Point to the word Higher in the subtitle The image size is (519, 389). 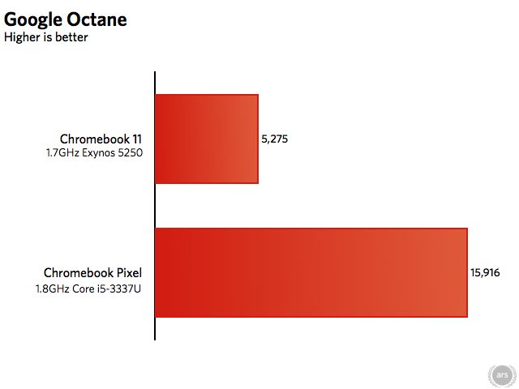click(x=22, y=37)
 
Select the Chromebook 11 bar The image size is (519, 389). click(x=207, y=139)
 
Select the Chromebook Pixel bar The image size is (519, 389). click(x=311, y=272)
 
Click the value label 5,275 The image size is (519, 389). click(x=274, y=139)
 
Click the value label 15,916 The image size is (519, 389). click(x=485, y=272)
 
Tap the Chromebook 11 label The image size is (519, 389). click(x=101, y=139)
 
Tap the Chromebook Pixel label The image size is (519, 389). click(x=92, y=273)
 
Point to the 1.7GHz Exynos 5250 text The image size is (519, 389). click(x=94, y=153)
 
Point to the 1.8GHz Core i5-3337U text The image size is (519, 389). click(x=88, y=289)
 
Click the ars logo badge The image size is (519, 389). click(x=502, y=375)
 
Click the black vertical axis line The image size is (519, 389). click(x=155, y=206)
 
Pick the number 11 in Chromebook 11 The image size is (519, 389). click(x=137, y=139)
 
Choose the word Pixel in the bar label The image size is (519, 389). click(x=129, y=273)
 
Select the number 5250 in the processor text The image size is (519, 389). click(x=131, y=153)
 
